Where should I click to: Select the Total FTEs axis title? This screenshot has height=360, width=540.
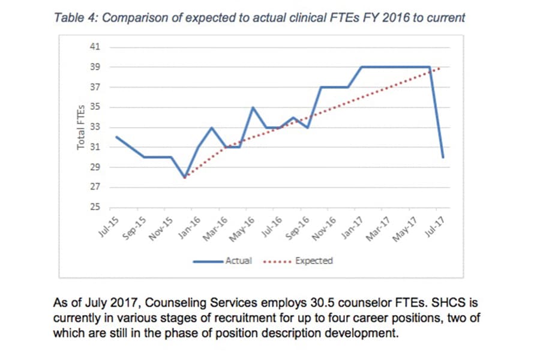(80, 127)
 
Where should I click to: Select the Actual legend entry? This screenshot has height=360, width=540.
(238, 261)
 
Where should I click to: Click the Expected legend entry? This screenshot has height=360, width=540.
(313, 261)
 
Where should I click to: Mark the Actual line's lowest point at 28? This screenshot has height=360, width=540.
(185, 177)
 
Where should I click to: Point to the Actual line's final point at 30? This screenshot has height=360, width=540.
(443, 157)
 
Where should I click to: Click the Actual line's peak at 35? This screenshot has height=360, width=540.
(253, 107)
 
